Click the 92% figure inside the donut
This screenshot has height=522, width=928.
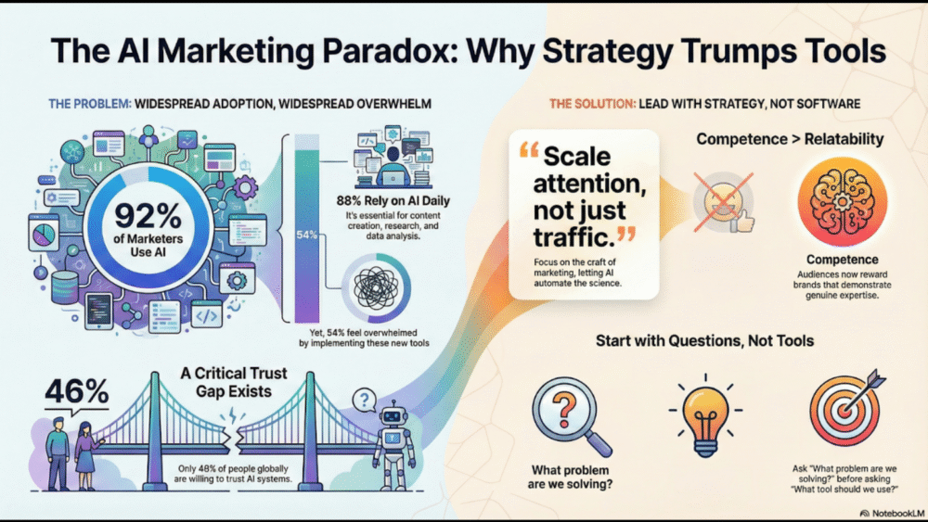point(148,216)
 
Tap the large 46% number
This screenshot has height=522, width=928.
point(77,390)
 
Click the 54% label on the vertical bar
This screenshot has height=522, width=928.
point(306,235)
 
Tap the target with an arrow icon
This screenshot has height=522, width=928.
point(846,408)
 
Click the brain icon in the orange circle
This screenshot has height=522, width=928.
point(843,201)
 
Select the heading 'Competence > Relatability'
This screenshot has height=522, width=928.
point(790,139)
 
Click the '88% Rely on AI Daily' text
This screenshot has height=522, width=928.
point(393,200)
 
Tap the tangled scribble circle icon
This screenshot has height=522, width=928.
point(377,288)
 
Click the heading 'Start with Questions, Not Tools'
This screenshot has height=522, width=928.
point(704,340)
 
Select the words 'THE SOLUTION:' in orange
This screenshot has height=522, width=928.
point(592,104)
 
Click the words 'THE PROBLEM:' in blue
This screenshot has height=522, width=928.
point(90,104)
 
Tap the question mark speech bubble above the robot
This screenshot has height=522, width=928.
point(365,401)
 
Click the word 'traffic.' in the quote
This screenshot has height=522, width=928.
point(574,237)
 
